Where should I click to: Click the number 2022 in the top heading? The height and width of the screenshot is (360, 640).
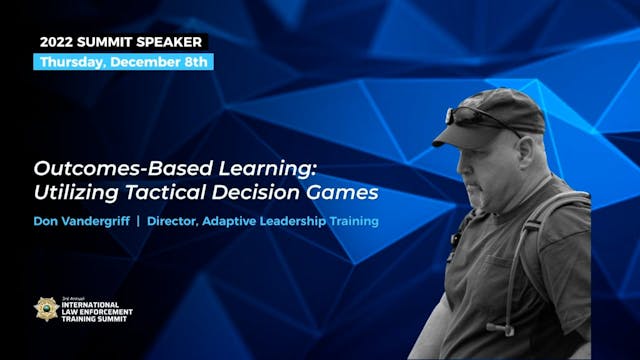58,42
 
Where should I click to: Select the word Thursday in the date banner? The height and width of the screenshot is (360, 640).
72,62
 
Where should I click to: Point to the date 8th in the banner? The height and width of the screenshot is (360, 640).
196,62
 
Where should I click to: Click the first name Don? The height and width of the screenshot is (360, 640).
44,221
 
